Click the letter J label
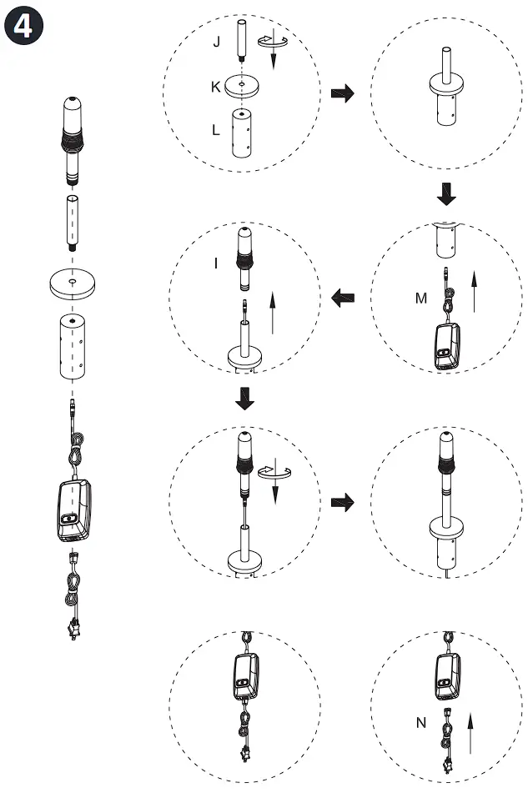tap(217, 42)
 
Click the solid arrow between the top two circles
tap(342, 93)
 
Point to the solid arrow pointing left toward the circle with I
tap(342, 295)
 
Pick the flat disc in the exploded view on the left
tap(73, 285)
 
